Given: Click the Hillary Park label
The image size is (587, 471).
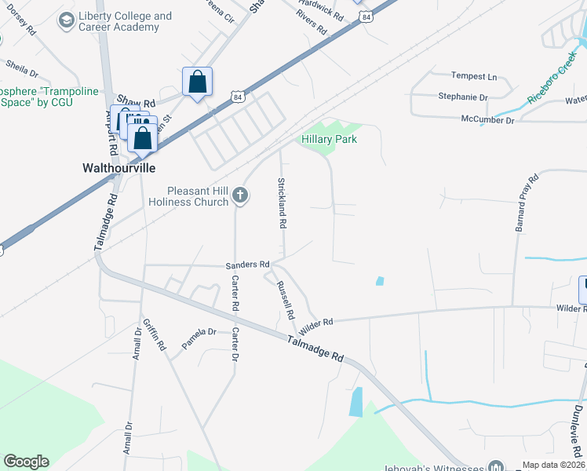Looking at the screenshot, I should [330, 139].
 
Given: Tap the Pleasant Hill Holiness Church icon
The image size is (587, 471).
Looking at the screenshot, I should [241, 195].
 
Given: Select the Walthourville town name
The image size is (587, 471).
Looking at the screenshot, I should [119, 168].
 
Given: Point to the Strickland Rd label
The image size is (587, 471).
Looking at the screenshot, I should [282, 203].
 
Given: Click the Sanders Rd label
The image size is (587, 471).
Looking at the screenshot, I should [247, 265].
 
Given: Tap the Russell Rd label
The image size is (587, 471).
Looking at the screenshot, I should [284, 298].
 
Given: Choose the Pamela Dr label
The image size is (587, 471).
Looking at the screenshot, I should [199, 332].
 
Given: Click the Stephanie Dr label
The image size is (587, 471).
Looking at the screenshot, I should [463, 97].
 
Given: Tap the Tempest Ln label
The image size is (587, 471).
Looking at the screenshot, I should [474, 76].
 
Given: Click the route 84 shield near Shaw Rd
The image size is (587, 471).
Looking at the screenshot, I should [239, 96].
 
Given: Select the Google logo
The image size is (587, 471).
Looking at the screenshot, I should [26, 462].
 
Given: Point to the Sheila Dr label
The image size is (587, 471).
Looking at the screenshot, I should [22, 68].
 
